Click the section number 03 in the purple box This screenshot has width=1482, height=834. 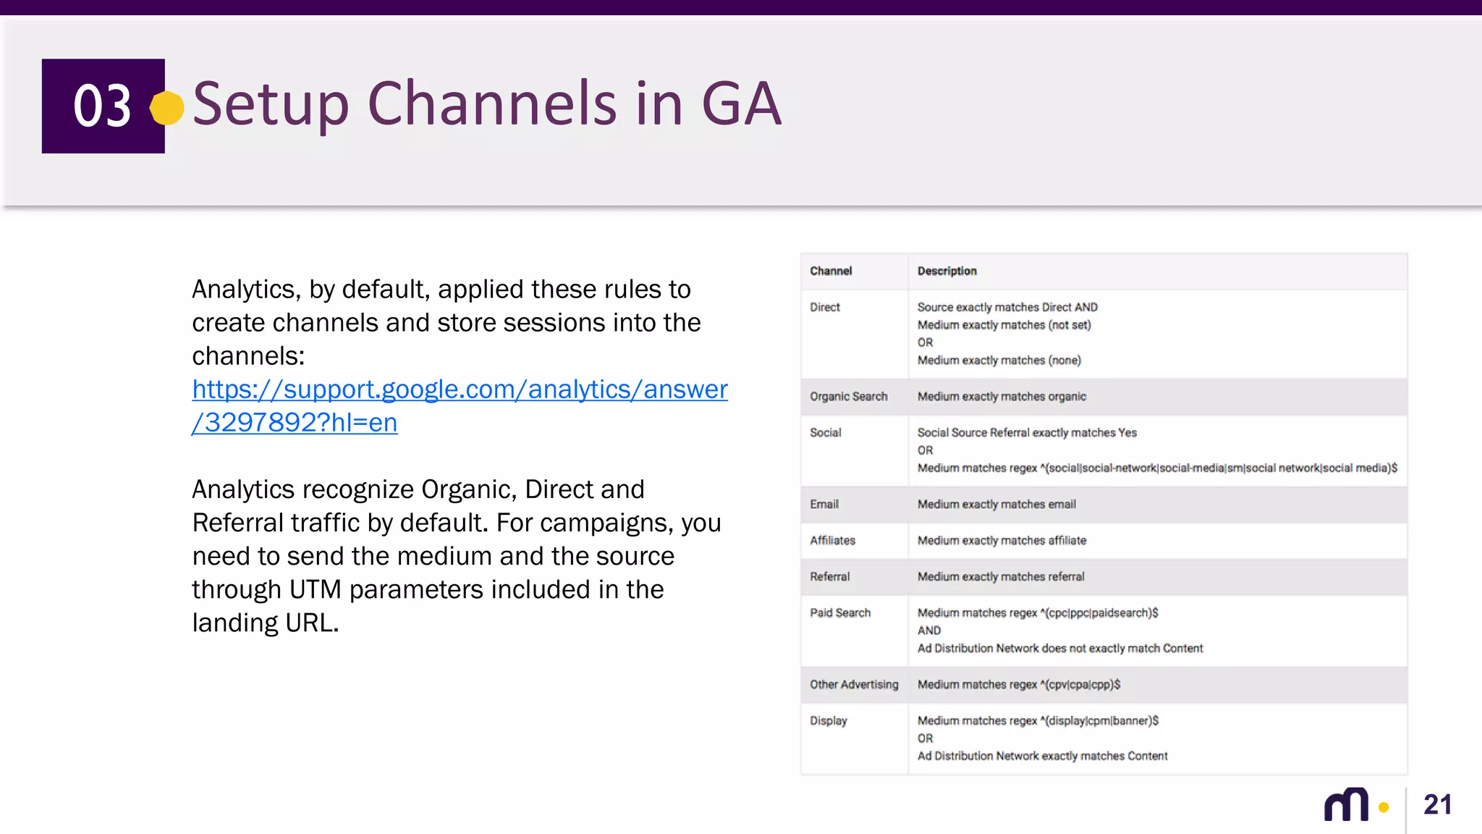pos(102,106)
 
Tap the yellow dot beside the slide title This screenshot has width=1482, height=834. pos(167,108)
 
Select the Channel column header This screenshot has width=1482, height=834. pos(831,271)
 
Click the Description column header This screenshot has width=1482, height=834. pos(947,271)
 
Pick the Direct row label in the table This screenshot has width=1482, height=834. pos(825,307)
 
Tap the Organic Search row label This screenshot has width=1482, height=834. pos(848,397)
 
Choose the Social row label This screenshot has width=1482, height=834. pos(825,433)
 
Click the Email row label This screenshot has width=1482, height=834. pos(824,505)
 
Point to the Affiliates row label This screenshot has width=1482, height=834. pos(832,541)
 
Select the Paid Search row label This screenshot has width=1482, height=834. pos(840,613)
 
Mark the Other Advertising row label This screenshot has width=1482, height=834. pos(854,685)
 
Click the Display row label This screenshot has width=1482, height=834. pos(828,721)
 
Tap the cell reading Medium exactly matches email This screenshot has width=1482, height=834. pos(996,505)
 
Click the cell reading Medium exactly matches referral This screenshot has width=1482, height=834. pos(1001,577)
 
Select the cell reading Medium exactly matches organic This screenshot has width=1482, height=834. pos(1002,397)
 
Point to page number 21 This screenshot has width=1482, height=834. pos(1437,805)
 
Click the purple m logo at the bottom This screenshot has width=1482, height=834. pos(1346,805)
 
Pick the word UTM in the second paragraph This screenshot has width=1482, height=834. pos(315,590)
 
